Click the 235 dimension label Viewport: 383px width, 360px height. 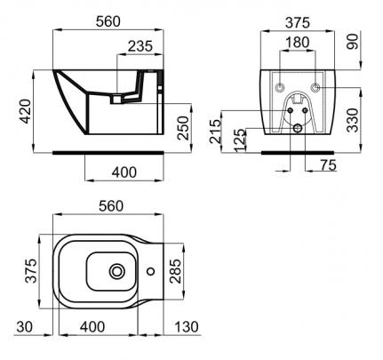[x=140, y=46]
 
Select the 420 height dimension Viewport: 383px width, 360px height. [x=25, y=111]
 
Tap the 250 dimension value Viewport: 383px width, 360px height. [x=183, y=128]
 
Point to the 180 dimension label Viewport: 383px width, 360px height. [x=298, y=42]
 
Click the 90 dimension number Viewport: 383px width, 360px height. [x=353, y=42]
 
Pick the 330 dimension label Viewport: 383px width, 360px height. [x=353, y=120]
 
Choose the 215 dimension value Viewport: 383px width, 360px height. [x=215, y=132]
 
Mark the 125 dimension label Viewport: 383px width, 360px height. [x=240, y=140]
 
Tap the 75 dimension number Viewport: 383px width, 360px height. [x=328, y=165]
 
